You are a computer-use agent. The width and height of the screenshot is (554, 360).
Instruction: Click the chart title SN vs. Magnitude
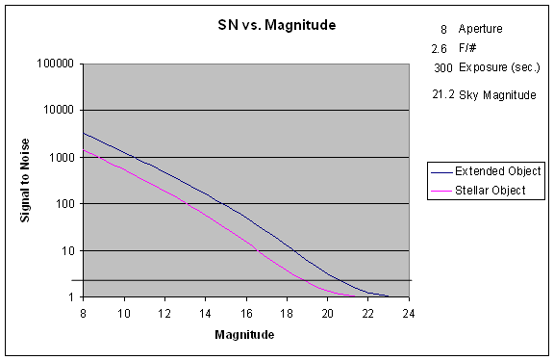click(x=276, y=24)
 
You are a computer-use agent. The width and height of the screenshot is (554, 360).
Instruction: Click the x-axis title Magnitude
click(x=246, y=335)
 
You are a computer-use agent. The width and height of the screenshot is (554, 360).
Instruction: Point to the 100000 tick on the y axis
click(x=56, y=64)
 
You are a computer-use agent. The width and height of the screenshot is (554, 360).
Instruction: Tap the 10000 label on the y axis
click(x=59, y=111)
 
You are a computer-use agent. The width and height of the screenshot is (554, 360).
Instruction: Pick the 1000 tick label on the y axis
click(x=62, y=158)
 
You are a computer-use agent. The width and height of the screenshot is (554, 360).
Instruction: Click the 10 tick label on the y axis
click(x=67, y=251)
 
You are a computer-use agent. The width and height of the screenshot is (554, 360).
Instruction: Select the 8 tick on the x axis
click(x=83, y=312)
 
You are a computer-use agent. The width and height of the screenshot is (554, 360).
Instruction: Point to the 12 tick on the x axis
click(x=164, y=312)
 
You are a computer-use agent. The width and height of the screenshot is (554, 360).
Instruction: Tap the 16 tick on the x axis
click(x=246, y=312)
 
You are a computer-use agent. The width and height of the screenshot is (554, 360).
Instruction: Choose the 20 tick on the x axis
click(x=328, y=312)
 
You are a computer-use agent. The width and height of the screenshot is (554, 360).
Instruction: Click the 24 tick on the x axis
click(x=409, y=312)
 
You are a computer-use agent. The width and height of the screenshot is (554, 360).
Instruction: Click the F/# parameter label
click(x=468, y=47)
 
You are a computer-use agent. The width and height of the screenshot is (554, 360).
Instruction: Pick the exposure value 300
click(x=443, y=68)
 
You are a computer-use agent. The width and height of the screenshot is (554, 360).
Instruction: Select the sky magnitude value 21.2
click(x=443, y=94)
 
